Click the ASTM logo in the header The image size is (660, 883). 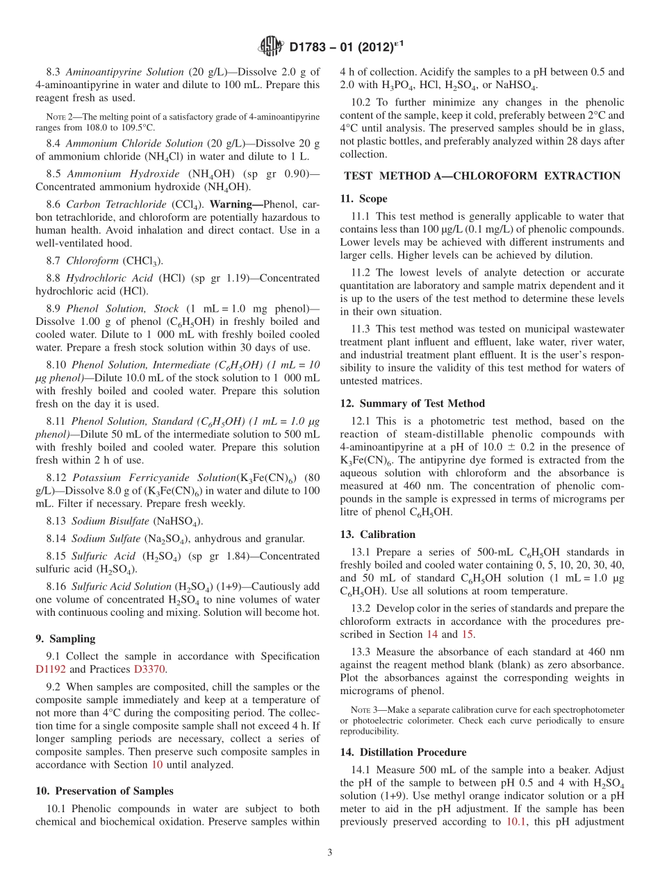[270, 47]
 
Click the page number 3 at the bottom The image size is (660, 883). [330, 852]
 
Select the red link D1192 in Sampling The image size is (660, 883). [52, 669]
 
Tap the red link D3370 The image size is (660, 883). [150, 669]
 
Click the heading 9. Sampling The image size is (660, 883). [65, 639]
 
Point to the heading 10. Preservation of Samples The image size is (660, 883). [104, 791]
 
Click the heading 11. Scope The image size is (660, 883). [363, 199]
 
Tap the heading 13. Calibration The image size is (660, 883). [378, 535]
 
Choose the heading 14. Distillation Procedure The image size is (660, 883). [403, 752]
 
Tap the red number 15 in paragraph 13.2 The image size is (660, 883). [468, 634]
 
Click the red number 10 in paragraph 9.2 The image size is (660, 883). [156, 765]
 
